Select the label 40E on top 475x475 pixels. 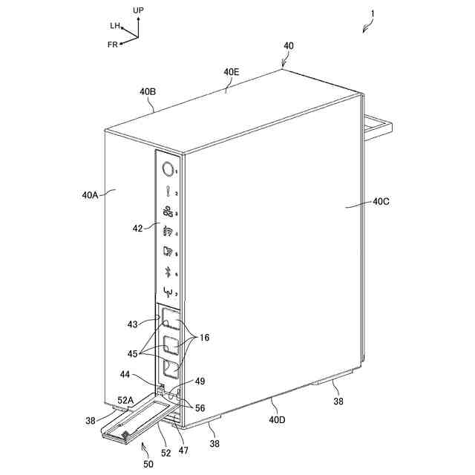point(232,73)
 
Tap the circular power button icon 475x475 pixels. point(167,168)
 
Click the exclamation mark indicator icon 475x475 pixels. point(168,189)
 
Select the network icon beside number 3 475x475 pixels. point(167,210)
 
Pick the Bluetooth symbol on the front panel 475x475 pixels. point(168,271)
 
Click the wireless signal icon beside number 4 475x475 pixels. point(167,231)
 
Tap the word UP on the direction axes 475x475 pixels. point(138,10)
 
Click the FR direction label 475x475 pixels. point(113,45)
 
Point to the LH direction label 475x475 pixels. point(115,25)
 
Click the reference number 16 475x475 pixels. point(205,338)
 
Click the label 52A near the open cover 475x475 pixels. point(125,400)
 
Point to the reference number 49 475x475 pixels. point(200,381)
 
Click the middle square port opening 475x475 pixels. point(171,344)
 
